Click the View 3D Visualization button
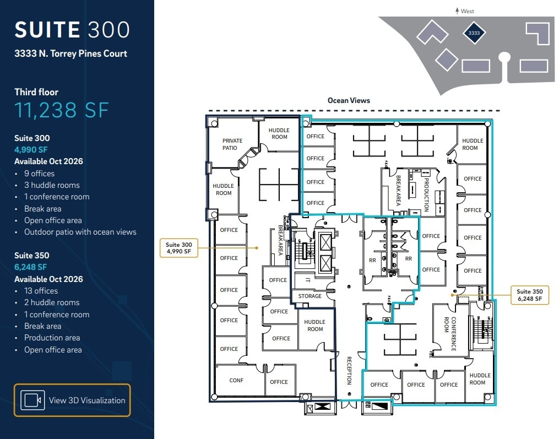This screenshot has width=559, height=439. point(72,400)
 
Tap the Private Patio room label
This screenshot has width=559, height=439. point(232,144)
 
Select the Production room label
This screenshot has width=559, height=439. point(426,194)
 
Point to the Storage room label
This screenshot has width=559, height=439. point(310,296)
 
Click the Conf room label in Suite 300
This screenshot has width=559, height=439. point(236,381)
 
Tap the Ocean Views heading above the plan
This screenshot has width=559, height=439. point(349,100)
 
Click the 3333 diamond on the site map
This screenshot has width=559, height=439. point(474,33)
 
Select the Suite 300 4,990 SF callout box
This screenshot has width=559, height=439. point(179,248)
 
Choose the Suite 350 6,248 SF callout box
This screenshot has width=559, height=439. point(529,295)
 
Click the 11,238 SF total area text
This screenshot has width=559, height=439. point(61,110)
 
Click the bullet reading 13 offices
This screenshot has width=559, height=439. point(41,291)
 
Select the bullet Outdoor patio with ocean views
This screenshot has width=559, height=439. point(80,232)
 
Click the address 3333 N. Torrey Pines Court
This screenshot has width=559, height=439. point(70,53)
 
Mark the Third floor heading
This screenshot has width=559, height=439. point(36,92)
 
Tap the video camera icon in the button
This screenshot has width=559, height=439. point(32,400)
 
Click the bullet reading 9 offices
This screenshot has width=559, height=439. point(39,174)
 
